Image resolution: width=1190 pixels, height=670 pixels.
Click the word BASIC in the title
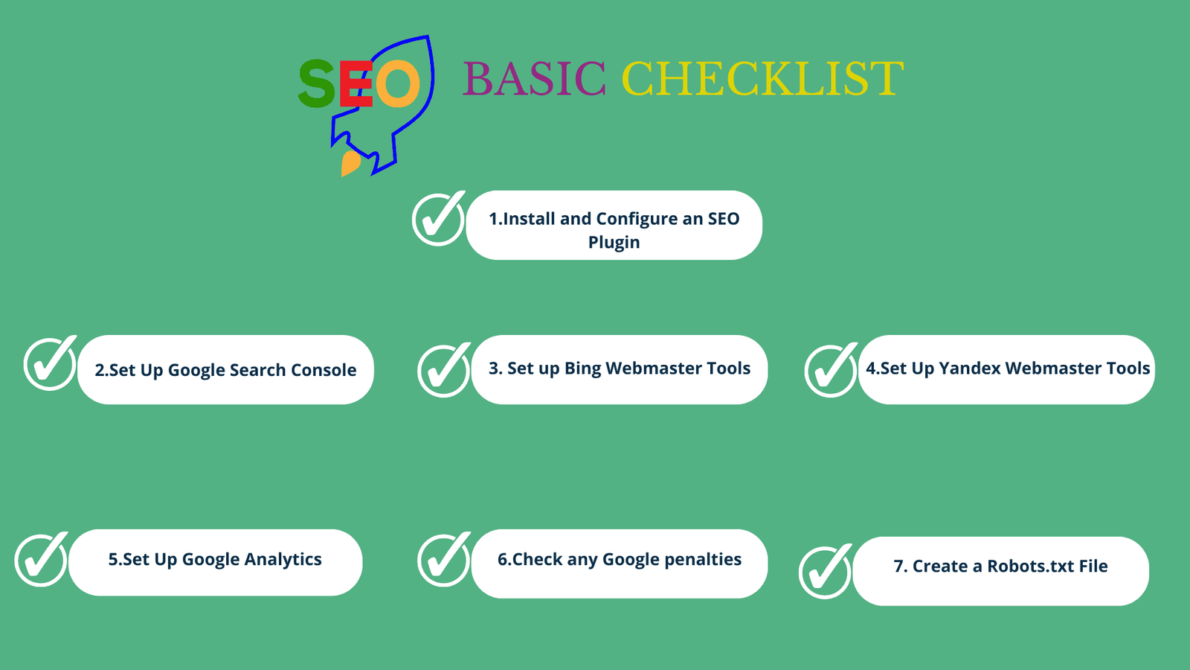coord(534,78)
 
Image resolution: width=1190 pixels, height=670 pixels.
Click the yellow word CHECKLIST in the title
coord(762,78)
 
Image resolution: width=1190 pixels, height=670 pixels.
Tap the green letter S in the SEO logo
coord(317,83)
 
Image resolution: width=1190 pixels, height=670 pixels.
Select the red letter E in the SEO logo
coord(355,83)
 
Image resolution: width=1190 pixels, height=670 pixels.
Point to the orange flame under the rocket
coord(350,163)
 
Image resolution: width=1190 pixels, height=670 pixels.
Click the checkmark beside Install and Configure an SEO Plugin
coord(439,219)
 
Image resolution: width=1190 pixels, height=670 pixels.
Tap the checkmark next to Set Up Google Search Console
coord(51,363)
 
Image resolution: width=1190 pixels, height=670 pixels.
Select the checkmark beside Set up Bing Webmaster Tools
coord(444,370)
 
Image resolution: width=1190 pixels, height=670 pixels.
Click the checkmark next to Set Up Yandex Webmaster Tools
coord(832,370)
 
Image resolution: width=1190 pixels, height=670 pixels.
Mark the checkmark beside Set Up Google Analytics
coord(42,559)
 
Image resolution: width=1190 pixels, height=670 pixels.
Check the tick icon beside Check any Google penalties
coord(444,559)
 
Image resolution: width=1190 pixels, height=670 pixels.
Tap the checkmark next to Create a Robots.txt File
coord(826,572)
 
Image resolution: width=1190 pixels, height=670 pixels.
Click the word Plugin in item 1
coord(614,243)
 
